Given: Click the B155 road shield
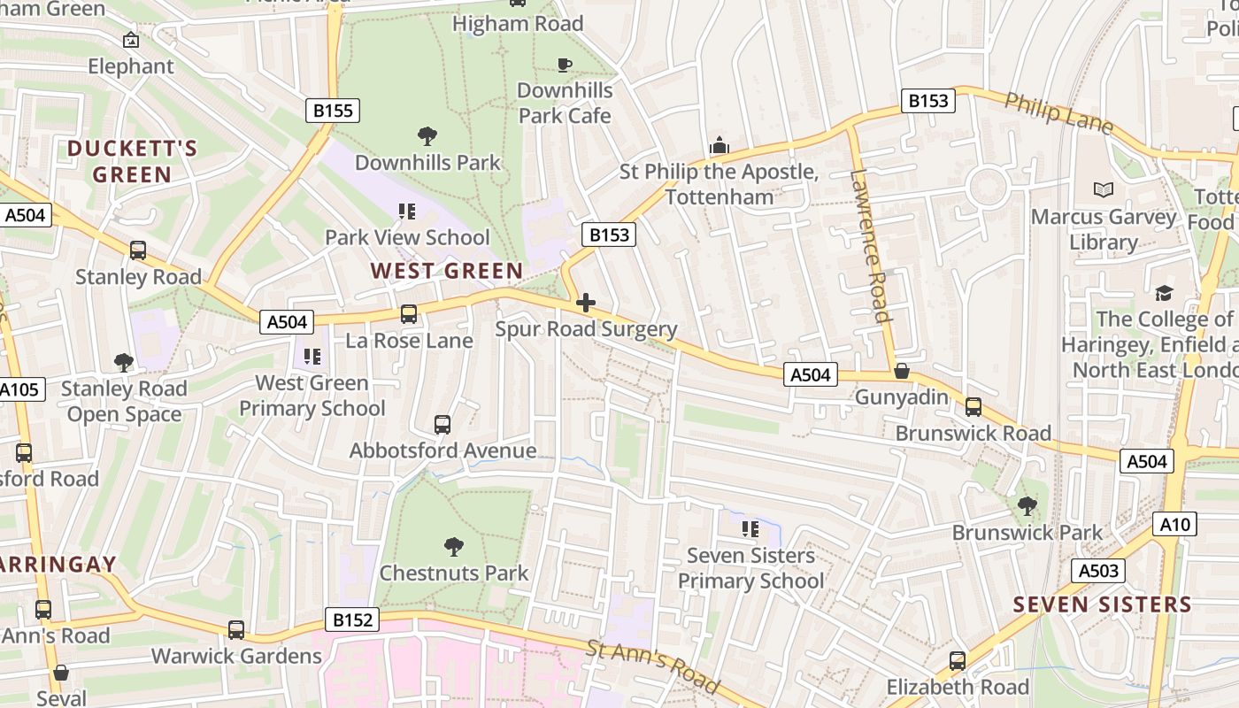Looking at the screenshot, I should pos(333,111).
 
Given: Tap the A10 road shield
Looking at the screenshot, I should pos(1174,525).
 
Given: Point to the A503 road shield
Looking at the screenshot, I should pos(1097,571).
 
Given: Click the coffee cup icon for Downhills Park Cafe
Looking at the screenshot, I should pos(564,65).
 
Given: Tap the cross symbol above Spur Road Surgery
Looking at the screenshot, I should pos(585,304).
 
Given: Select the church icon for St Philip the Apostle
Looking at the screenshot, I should pos(719,145).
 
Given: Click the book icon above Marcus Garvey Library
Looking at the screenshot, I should pos(1103,189).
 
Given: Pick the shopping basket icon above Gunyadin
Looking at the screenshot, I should pos(901,371).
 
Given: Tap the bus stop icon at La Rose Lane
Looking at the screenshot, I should pos(408,314).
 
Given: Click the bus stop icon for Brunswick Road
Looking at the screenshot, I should pos(973,407).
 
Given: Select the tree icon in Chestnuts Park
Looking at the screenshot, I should pos(453,547).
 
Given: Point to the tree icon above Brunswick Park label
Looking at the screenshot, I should pos(1027,506).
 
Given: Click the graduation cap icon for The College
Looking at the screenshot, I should pos(1163,293).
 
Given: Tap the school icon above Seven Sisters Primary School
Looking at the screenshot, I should pos(750,529).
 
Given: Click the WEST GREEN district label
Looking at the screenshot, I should pos(446,271).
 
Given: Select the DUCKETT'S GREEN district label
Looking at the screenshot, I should pos(132,161).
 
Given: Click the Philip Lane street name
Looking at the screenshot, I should pos(1058,113).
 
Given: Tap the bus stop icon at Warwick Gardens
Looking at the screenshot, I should pos(235,630).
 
